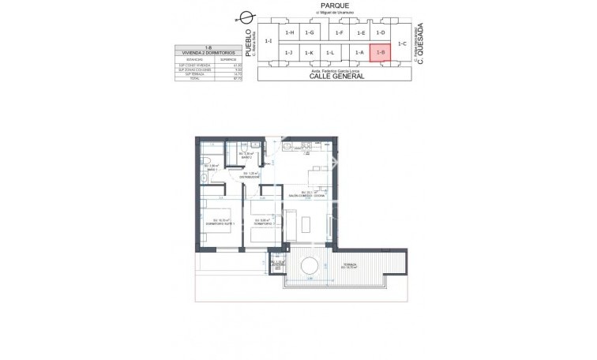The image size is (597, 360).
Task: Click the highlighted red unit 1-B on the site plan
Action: click(x=381, y=52)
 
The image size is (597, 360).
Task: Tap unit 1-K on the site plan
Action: click(x=309, y=52)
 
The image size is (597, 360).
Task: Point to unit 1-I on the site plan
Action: click(x=268, y=41)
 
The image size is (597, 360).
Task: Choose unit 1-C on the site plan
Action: click(x=402, y=43)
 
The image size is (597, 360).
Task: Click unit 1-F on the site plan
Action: click(x=340, y=32)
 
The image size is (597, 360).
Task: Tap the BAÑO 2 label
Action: click(x=247, y=157)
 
